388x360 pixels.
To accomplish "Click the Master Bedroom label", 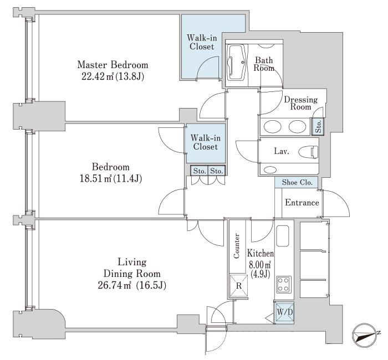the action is click(x=113, y=65).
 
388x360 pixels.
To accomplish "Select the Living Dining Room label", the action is click(x=132, y=268).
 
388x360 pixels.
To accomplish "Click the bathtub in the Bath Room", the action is click(x=236, y=63).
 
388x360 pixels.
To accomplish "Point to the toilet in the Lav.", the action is click(x=308, y=152).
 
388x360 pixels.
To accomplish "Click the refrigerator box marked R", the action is click(x=238, y=286).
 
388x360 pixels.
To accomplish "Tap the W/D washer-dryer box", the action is click(x=284, y=312).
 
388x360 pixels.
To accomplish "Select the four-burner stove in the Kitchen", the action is click(x=284, y=285).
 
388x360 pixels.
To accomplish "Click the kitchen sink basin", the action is click(x=283, y=236).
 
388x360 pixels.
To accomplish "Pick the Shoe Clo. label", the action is click(x=297, y=182).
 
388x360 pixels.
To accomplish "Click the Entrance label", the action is click(x=302, y=203).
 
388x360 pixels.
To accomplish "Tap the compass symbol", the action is click(x=365, y=336).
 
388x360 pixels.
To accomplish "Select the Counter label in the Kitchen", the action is click(x=237, y=246).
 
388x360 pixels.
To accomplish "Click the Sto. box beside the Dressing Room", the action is click(x=318, y=126).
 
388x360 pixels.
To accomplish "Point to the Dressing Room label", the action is click(x=300, y=103).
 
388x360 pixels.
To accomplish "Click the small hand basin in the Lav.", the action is click(x=270, y=170).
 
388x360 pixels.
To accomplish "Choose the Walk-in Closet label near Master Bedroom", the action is click(x=202, y=42).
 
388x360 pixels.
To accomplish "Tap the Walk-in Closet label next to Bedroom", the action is click(x=206, y=142).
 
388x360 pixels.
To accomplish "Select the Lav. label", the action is click(x=282, y=151).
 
